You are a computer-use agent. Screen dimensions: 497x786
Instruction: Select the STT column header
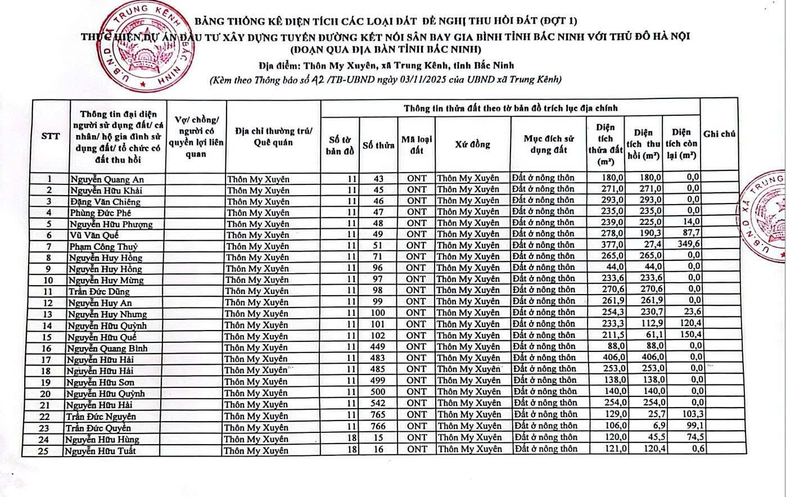point(51,135)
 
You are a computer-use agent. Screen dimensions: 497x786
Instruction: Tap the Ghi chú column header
point(719,134)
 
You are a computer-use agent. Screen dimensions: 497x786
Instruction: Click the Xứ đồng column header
point(472,144)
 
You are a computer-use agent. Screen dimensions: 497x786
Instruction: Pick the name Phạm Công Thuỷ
point(103,246)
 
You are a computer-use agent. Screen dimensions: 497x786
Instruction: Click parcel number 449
point(378,347)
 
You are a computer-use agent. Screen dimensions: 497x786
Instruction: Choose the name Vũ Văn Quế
point(94,235)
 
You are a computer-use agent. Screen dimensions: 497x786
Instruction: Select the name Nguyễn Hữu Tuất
point(100,451)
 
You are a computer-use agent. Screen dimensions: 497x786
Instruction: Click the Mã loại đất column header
point(416,144)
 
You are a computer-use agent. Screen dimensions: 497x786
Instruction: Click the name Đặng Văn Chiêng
point(105,201)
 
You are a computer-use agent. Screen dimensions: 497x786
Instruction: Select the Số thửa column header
point(378,145)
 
